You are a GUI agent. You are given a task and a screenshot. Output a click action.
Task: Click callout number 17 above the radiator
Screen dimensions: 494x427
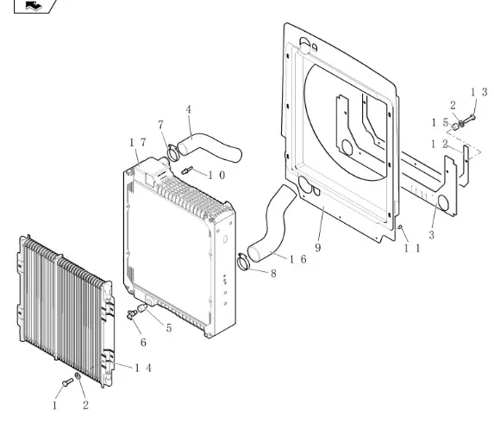(x=138, y=143)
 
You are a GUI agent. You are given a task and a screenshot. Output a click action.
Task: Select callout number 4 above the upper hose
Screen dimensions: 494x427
(x=189, y=109)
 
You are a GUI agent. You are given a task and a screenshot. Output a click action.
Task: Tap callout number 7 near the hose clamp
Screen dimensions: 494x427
(x=160, y=125)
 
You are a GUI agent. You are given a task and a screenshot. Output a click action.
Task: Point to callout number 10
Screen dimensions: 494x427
(x=216, y=176)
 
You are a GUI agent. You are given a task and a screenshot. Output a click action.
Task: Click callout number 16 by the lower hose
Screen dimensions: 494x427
(x=297, y=259)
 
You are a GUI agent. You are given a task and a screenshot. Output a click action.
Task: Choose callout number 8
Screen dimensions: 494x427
(x=273, y=274)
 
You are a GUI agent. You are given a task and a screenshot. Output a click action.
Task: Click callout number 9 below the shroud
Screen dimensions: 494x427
(x=318, y=248)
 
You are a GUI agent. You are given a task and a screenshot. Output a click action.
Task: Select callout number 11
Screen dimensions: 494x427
(x=412, y=249)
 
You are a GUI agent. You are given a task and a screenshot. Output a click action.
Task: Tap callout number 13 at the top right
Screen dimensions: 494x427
(x=479, y=92)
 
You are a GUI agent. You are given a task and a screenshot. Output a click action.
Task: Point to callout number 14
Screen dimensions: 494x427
(x=143, y=368)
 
